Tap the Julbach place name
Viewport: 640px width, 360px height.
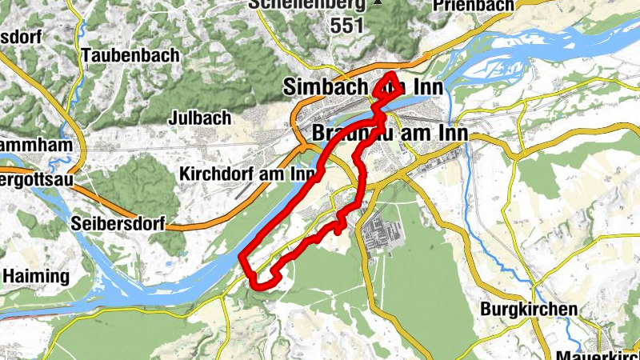[x=200, y=118]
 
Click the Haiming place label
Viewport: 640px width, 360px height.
[x=35, y=276]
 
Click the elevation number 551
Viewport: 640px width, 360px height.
[x=346, y=26]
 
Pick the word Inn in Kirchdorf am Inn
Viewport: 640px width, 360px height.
[x=298, y=173]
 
